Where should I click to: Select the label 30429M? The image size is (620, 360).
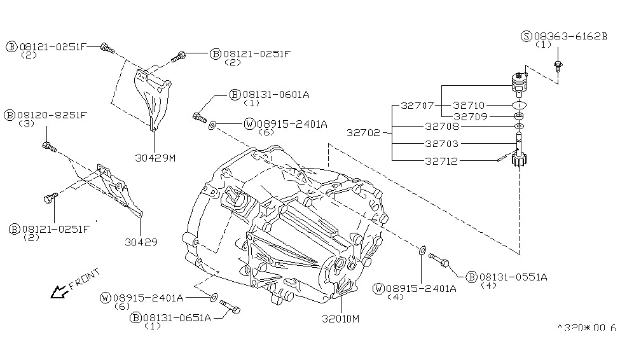[155, 157]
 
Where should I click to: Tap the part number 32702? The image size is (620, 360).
[364, 133]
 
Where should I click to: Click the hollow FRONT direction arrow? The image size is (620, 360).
[59, 291]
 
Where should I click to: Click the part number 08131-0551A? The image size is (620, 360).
[513, 277]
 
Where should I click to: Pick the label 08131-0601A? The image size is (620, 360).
[275, 95]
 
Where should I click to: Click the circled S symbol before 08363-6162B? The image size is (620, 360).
[525, 36]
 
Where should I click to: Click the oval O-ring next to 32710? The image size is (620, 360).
[520, 104]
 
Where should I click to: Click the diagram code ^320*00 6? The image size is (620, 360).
[586, 328]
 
